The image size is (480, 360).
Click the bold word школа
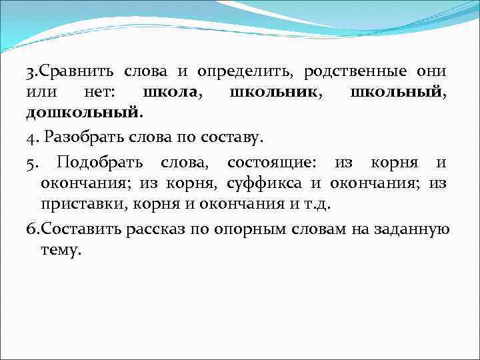[x=171, y=91]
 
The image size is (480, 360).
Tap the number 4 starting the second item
[x=30, y=139]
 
